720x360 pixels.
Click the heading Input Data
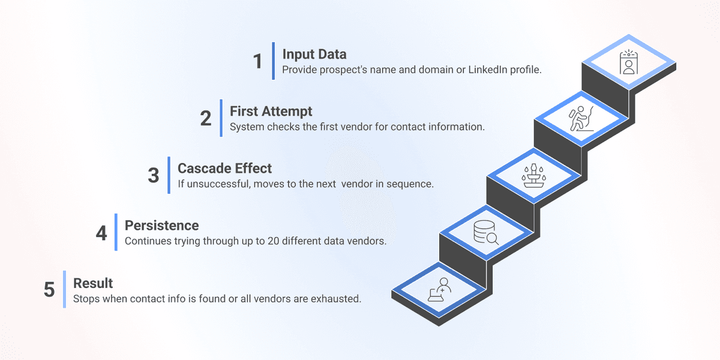pyautogui.click(x=314, y=55)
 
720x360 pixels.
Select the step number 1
pyautogui.click(x=258, y=61)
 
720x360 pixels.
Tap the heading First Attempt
pyautogui.click(x=271, y=112)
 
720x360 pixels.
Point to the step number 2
pyautogui.click(x=206, y=118)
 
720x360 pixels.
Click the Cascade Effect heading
pyautogui.click(x=224, y=169)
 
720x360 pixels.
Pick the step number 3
pyautogui.click(x=154, y=175)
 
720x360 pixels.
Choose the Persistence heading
pyautogui.click(x=161, y=226)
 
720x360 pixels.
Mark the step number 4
pyautogui.click(x=101, y=233)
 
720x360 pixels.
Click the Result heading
pyautogui.click(x=93, y=283)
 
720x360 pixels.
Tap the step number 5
pyautogui.click(x=49, y=289)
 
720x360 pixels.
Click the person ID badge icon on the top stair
pyautogui.click(x=629, y=62)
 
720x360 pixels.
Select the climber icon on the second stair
pyautogui.click(x=581, y=119)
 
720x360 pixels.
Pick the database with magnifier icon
pyautogui.click(x=486, y=232)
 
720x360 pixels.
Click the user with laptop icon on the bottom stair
pyautogui.click(x=439, y=290)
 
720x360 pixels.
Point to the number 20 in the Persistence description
pyautogui.click(x=273, y=241)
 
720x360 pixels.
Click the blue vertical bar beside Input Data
pyautogui.click(x=273, y=61)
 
